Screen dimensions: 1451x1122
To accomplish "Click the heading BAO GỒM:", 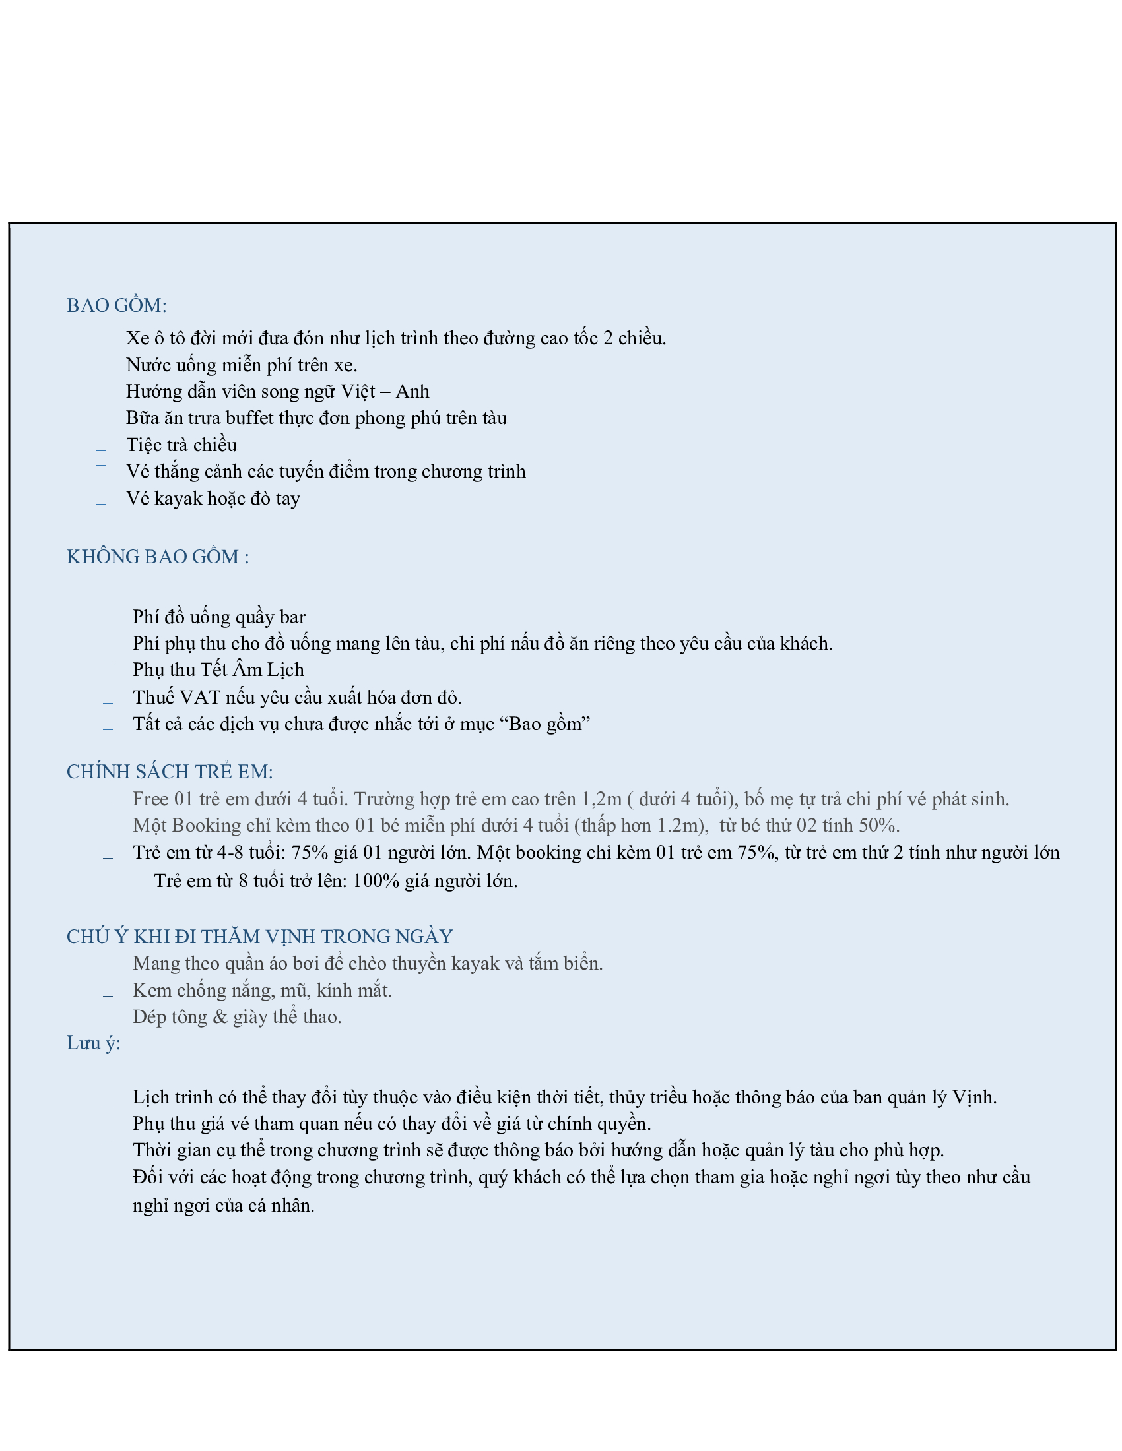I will tap(116, 305).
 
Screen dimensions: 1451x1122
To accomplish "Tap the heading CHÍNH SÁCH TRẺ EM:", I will tap(170, 772).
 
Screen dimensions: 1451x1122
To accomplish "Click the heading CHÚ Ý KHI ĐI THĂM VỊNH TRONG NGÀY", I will tap(259, 937).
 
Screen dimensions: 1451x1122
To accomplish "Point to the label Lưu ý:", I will tap(93, 1044).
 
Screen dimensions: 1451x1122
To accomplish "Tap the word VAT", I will tap(200, 698).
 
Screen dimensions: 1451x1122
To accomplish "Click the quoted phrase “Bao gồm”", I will tap(549, 724).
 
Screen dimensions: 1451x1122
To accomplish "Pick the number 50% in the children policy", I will tap(878, 826).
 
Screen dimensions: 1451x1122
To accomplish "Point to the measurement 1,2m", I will tap(601, 799).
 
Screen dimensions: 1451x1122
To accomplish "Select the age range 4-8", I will tap(231, 853).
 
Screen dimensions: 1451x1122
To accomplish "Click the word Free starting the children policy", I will tap(150, 799).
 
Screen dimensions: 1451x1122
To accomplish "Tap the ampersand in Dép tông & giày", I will tap(220, 1017).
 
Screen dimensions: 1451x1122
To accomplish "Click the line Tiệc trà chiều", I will tap(181, 445).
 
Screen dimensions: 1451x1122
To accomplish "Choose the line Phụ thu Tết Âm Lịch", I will tap(218, 669).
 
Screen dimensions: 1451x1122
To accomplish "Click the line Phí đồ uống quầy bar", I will tap(218, 617).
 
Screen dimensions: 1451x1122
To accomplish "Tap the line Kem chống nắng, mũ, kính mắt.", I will tap(262, 991).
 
